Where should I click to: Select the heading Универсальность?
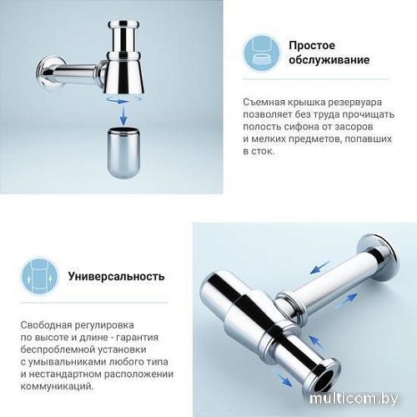pos(116,275)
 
